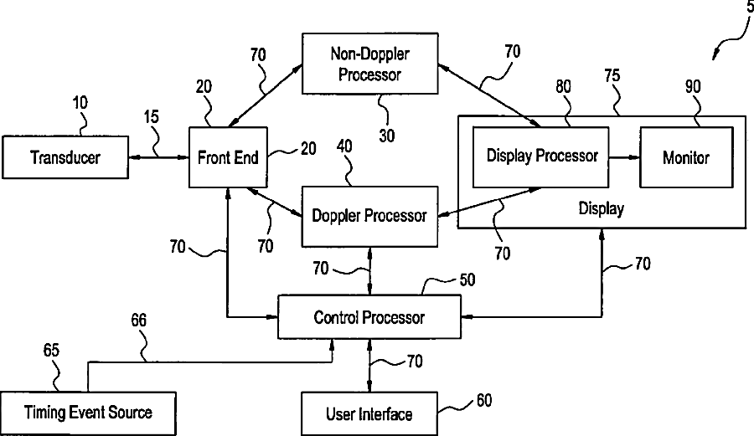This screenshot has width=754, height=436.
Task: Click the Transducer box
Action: click(65, 157)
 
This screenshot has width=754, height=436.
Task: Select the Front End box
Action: click(228, 157)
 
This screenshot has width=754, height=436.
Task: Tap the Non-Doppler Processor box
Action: click(369, 64)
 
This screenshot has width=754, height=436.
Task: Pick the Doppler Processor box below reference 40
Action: click(369, 217)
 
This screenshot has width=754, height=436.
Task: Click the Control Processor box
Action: click(369, 317)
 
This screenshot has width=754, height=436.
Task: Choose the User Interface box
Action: click(369, 414)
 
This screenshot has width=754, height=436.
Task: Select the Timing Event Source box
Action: click(88, 413)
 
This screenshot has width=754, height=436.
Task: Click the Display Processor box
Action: click(541, 157)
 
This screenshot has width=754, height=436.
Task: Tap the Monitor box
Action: click(686, 157)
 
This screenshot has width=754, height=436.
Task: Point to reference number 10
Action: click(80, 102)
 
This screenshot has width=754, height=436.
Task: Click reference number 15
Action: click(151, 116)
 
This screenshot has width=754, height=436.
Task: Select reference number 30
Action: click(386, 136)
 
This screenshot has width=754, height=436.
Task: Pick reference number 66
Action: click(138, 320)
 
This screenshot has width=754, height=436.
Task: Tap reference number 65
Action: click(51, 350)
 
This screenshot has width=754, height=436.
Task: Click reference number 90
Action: click(693, 86)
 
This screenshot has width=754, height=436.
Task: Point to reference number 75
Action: click(612, 75)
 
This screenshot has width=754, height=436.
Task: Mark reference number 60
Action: click(484, 400)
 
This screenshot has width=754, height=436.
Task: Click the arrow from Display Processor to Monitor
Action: click(624, 157)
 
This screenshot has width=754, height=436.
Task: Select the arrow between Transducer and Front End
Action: click(158, 157)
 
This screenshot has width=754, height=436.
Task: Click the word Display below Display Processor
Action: click(601, 209)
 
